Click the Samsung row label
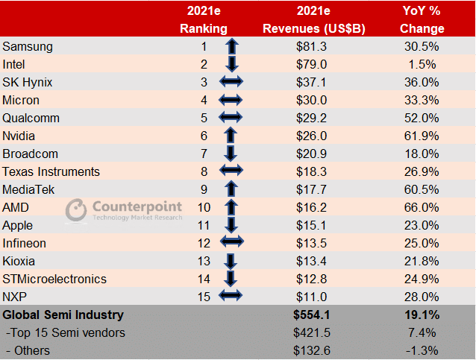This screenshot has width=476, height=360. click(x=28, y=46)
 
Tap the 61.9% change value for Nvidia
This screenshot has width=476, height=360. click(x=421, y=136)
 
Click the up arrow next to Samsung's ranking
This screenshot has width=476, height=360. click(x=231, y=46)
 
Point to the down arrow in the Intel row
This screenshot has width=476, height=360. click(x=231, y=64)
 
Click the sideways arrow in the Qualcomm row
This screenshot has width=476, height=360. click(x=231, y=118)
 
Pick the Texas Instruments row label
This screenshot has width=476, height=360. click(x=51, y=171)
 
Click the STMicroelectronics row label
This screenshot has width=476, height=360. click(x=54, y=279)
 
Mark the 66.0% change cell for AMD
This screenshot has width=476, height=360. click(x=421, y=207)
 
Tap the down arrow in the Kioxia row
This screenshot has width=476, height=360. click(x=231, y=261)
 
